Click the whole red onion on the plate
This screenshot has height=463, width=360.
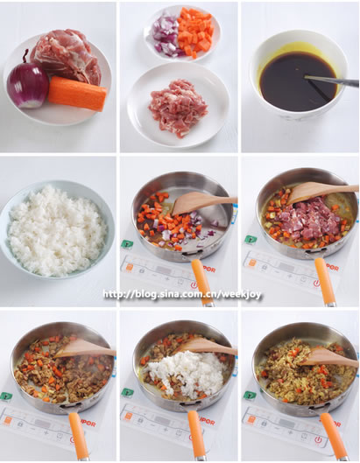[x=27, y=85]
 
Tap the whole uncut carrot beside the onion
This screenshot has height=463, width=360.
[x=76, y=93]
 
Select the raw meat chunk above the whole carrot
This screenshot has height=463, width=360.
[x=67, y=56]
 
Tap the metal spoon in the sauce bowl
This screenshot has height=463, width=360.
[x=331, y=81]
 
